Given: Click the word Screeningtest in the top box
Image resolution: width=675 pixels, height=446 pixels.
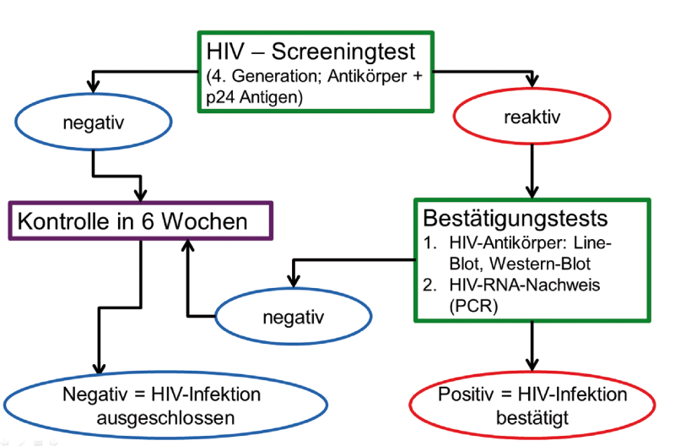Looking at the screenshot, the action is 343,52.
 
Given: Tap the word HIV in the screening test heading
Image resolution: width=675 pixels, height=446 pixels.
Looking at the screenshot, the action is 225,52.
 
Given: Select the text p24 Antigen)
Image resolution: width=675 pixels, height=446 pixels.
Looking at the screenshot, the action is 255,97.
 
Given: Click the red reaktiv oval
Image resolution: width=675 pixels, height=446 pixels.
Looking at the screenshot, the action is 532,117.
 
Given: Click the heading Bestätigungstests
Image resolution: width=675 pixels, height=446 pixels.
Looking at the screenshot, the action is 516,218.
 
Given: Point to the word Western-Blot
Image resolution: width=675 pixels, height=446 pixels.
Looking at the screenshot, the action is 540,264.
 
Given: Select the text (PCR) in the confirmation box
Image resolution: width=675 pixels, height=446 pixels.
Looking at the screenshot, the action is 473,307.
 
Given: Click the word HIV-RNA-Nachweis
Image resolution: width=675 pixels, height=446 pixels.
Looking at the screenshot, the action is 524,285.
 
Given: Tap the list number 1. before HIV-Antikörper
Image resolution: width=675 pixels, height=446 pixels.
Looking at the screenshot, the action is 430,243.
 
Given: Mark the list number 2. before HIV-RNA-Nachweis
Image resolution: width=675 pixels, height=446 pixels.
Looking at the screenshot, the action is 430,285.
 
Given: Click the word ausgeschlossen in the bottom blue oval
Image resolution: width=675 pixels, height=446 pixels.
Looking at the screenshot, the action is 165,418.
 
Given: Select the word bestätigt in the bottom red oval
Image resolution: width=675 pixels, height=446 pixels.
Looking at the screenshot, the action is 532,418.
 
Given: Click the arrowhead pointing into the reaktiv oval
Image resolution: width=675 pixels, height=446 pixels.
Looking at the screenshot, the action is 532,80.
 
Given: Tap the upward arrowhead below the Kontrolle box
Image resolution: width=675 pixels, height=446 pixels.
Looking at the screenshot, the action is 187,247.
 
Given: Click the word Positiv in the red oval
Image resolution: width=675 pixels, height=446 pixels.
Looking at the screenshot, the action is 466,394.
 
